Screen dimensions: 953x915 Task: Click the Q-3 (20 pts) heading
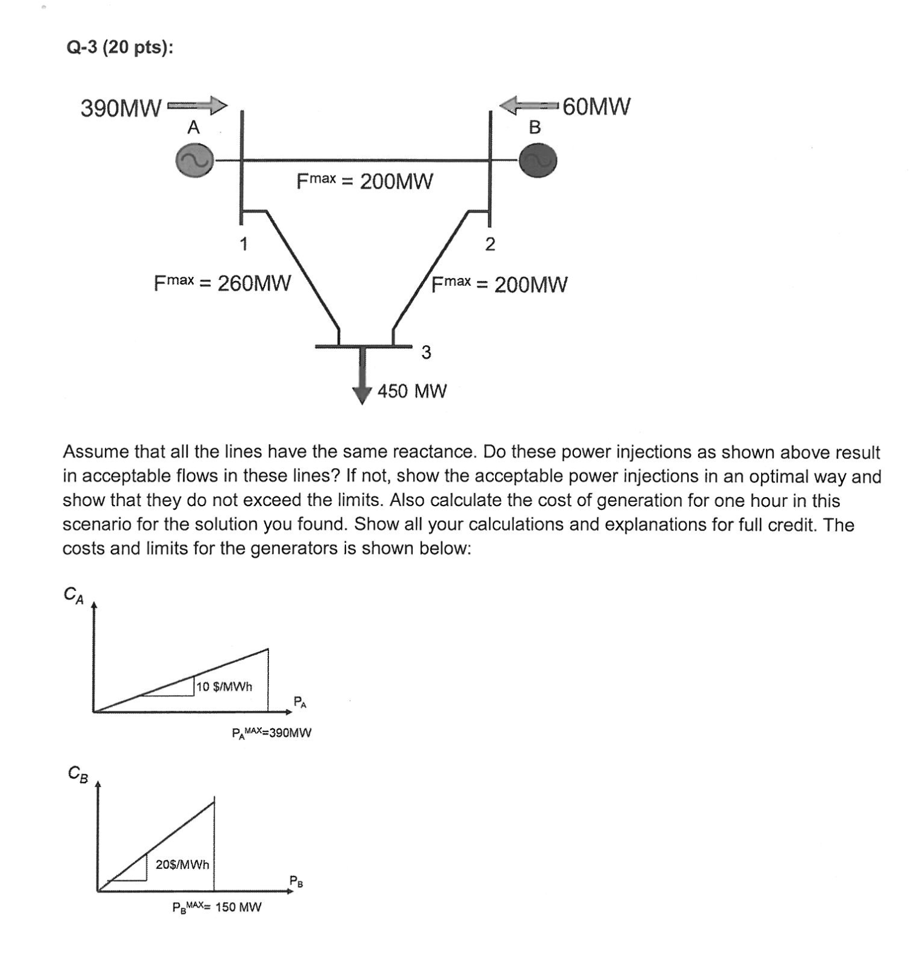(119, 47)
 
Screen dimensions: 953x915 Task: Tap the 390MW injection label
(121, 109)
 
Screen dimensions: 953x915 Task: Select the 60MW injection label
(596, 107)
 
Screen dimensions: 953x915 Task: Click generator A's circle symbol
(195, 160)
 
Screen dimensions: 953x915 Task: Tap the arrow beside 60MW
(528, 106)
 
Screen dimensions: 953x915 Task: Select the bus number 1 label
(243, 245)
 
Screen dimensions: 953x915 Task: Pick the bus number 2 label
(490, 245)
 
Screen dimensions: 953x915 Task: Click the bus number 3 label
(426, 352)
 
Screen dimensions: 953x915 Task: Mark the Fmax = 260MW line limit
(222, 283)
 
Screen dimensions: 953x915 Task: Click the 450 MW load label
(412, 391)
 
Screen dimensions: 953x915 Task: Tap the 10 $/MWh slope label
(225, 687)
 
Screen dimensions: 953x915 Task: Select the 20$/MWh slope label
(182, 865)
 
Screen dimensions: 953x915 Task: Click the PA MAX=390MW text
(271, 733)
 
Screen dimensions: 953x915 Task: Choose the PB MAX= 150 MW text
(217, 907)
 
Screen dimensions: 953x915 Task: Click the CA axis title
(74, 595)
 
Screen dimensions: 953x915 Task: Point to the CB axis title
(78, 774)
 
